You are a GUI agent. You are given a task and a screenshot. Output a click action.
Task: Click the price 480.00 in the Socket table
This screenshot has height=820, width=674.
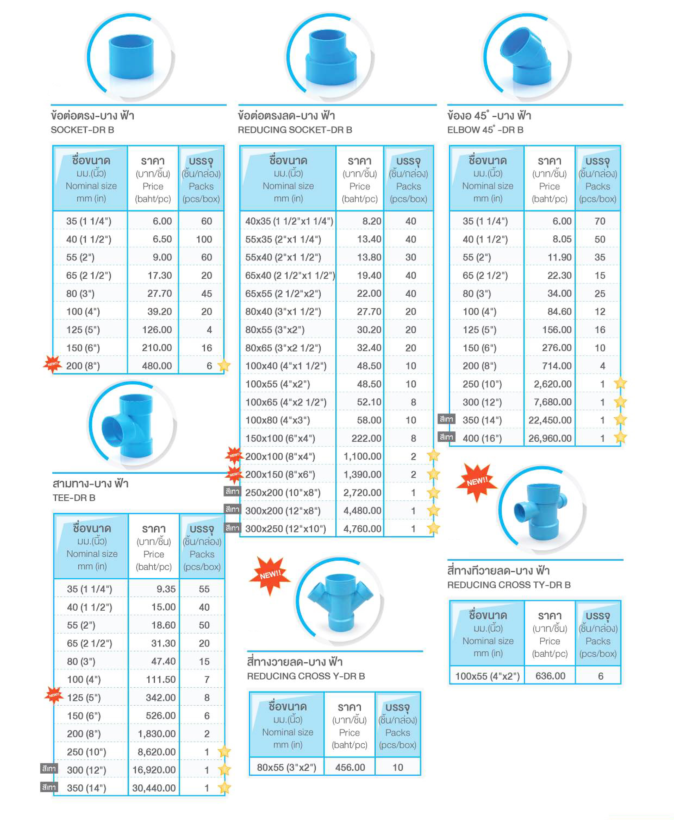click(157, 366)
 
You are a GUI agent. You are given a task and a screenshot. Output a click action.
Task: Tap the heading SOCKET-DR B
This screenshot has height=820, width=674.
click(82, 130)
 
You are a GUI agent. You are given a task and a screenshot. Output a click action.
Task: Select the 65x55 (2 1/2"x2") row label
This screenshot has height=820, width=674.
click(283, 294)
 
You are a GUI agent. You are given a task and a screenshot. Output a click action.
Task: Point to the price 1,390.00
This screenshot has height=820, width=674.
click(362, 474)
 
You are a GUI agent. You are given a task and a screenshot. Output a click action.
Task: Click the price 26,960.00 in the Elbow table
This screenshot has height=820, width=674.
click(550, 438)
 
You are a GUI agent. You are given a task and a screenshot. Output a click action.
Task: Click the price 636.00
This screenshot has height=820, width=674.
click(550, 676)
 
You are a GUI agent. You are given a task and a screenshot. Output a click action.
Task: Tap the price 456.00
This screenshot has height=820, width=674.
click(350, 767)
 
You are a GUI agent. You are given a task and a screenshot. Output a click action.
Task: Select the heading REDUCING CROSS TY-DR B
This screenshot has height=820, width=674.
click(508, 585)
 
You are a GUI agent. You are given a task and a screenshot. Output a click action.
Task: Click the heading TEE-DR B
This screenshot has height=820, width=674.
click(74, 498)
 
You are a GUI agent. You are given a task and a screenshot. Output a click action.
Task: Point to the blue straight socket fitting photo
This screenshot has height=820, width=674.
click(131, 56)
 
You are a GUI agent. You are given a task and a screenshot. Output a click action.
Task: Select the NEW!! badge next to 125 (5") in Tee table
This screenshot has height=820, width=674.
click(54, 695)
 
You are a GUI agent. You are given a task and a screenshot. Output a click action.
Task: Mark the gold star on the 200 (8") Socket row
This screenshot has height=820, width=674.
click(224, 365)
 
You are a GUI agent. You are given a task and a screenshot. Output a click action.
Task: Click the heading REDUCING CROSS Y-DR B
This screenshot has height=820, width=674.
click(306, 676)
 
